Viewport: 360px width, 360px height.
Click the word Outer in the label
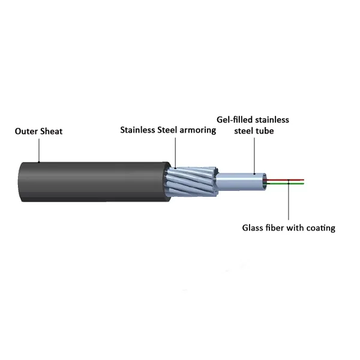tap(26, 131)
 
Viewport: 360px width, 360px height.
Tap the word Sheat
tap(52, 131)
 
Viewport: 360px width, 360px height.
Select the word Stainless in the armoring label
tap(138, 130)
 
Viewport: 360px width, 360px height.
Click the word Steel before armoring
tap(167, 130)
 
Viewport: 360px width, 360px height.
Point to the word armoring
tap(197, 130)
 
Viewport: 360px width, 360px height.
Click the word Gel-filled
tap(235, 120)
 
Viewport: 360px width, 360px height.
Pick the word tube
tap(265, 131)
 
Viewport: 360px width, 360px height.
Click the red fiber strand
tap(285, 180)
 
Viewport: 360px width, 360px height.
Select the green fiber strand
tap(285, 184)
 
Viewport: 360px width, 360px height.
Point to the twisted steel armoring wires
tap(193, 182)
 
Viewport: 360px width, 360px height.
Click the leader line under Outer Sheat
tap(39, 151)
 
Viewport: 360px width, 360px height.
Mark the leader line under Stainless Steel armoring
tap(175, 153)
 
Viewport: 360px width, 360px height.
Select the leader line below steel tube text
tap(254, 155)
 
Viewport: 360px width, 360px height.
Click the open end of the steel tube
tap(265, 182)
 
